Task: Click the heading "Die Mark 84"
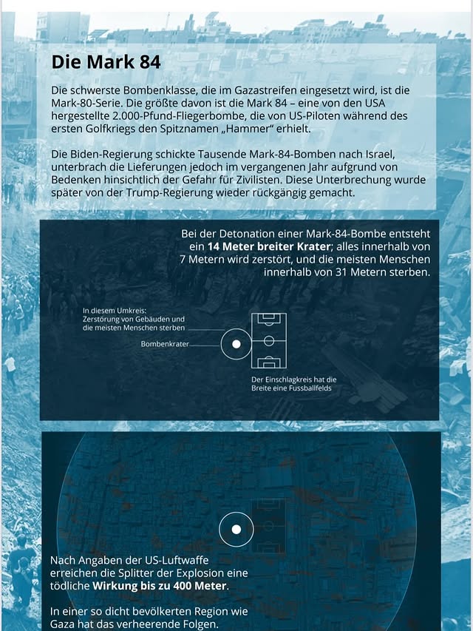tap(106, 62)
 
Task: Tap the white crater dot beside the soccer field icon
tap(236, 344)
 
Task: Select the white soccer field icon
tap(269, 341)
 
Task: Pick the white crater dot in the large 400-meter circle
tap(236, 530)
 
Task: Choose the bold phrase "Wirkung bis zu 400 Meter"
tap(160, 587)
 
